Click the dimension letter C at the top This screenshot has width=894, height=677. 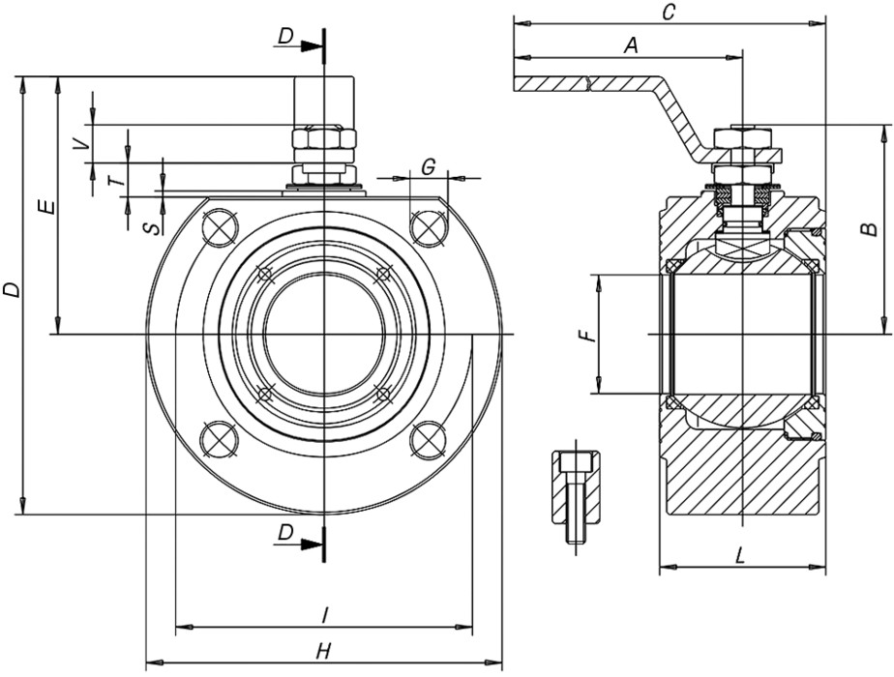coord(668,12)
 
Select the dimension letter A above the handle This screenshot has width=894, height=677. coord(631,44)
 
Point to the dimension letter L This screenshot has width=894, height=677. coord(740,556)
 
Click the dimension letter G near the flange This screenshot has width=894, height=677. coord(428,166)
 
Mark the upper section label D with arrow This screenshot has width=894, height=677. coord(285,36)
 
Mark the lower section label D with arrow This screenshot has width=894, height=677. coord(285,533)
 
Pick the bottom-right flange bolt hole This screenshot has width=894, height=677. coord(427,440)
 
